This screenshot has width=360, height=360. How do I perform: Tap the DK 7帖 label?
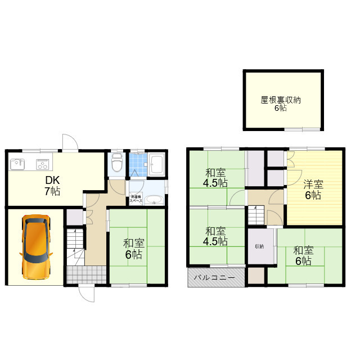[x=52, y=186]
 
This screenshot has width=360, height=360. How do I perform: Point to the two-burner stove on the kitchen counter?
[x=43, y=165]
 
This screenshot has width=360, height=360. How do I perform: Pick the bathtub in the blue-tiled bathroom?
[x=156, y=165]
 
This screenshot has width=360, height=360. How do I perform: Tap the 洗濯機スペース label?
[x=136, y=199]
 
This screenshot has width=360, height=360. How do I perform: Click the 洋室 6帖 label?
[x=313, y=190]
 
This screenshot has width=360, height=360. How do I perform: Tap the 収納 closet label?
[x=258, y=246]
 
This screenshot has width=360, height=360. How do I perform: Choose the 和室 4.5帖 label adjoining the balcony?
[x=216, y=236]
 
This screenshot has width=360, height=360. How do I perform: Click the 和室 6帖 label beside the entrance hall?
[x=134, y=249]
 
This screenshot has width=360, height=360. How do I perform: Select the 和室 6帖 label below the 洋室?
[x=302, y=256]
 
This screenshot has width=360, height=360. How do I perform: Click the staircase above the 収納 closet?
[x=256, y=214]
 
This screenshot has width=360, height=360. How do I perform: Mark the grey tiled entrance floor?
[x=86, y=274]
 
